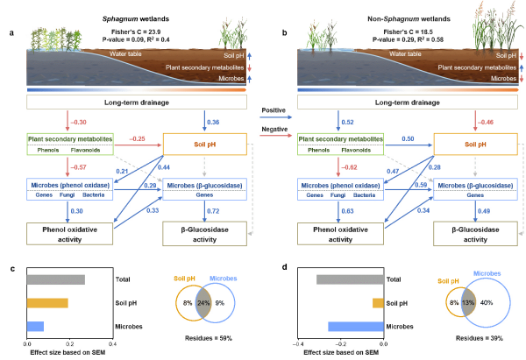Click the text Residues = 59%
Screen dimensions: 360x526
(x=201, y=337)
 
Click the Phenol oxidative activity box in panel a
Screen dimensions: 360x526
(x=61, y=234)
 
